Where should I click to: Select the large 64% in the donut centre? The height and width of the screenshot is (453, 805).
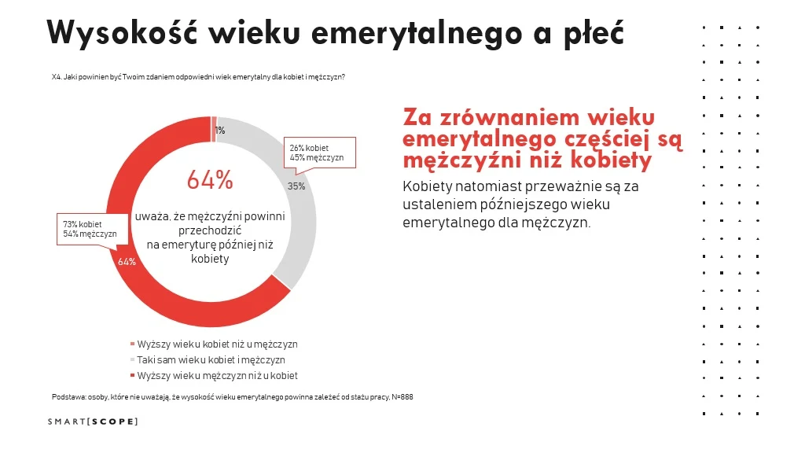coord(210,180)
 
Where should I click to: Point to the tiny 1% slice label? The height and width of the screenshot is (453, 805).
coord(220,131)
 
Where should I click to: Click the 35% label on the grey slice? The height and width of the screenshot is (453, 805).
coord(296,187)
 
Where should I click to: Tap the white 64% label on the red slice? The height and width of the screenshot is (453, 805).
coord(127,262)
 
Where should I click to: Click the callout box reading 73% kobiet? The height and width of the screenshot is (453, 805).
coord(90,229)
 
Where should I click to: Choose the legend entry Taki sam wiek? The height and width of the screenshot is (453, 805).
coord(211,360)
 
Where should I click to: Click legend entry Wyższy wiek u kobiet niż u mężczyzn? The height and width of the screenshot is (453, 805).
coord(217,344)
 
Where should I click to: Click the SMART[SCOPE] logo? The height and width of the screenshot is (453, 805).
coord(92,422)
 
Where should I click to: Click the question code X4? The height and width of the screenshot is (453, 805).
coord(56,77)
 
